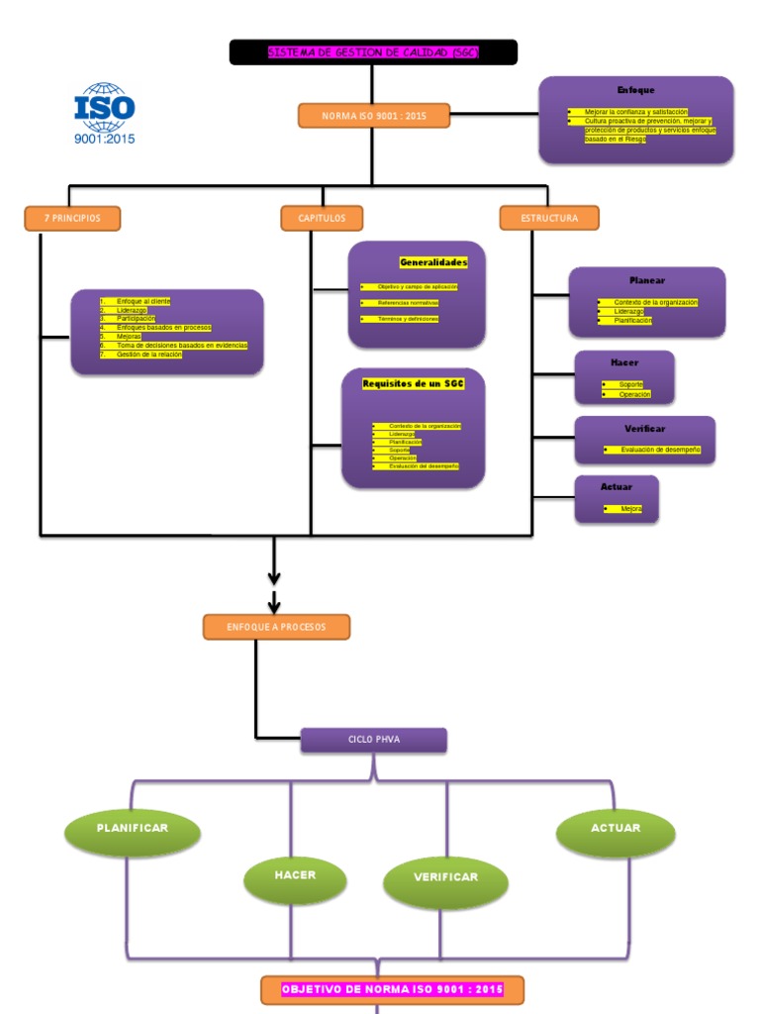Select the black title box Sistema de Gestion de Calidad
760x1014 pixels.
click(x=373, y=52)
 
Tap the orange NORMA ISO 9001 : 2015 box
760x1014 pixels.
click(x=374, y=116)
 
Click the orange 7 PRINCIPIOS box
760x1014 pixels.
click(x=72, y=218)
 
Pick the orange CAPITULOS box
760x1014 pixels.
click(x=322, y=218)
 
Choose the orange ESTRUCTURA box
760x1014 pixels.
click(x=549, y=218)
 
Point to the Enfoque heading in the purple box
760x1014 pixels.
click(x=635, y=90)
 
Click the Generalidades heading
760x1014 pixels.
click(x=432, y=262)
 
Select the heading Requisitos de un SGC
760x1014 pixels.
click(x=413, y=383)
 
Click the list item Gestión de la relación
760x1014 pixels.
click(x=148, y=354)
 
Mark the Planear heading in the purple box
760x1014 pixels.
click(x=647, y=280)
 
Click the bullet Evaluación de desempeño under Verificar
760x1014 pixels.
click(x=660, y=450)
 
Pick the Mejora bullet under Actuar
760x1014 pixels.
click(x=630, y=509)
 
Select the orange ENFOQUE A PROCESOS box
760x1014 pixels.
click(x=276, y=627)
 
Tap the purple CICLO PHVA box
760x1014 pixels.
click(x=373, y=740)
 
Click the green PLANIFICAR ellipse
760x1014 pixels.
click(x=132, y=829)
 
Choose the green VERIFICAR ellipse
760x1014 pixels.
click(x=445, y=878)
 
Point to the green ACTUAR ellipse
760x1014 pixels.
click(x=616, y=829)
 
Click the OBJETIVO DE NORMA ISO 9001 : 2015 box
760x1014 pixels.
click(x=392, y=989)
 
